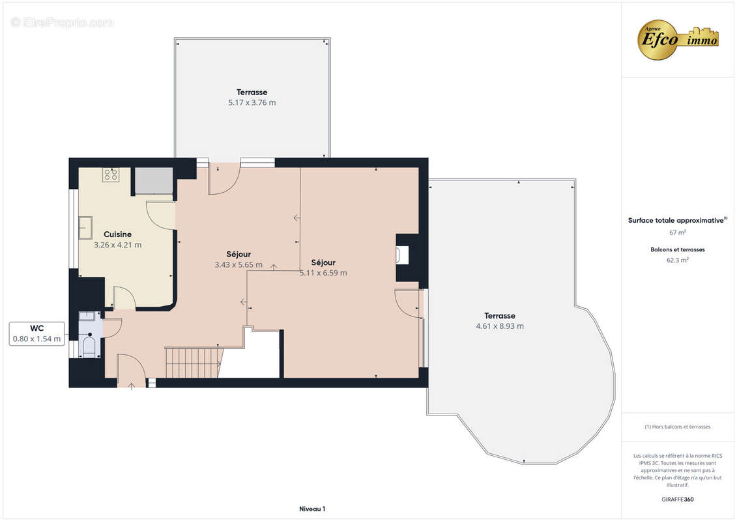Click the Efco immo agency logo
tap(678, 39)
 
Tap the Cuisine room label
tap(117, 234)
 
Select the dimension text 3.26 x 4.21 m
tap(117, 246)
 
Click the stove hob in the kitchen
tap(110, 175)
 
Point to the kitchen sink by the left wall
tap(85, 228)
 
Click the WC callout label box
tap(37, 333)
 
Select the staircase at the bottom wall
tap(192, 363)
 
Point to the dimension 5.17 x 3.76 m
tap(252, 103)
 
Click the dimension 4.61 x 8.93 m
tap(500, 326)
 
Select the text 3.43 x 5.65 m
tap(238, 265)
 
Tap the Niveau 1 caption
tap(312, 509)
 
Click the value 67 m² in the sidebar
tap(678, 232)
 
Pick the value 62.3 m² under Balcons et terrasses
tap(678, 260)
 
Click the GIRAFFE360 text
tap(678, 500)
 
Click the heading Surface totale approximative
tap(676, 221)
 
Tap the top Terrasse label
tap(252, 92)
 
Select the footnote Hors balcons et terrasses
tap(678, 427)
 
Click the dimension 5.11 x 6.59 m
tap(323, 273)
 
